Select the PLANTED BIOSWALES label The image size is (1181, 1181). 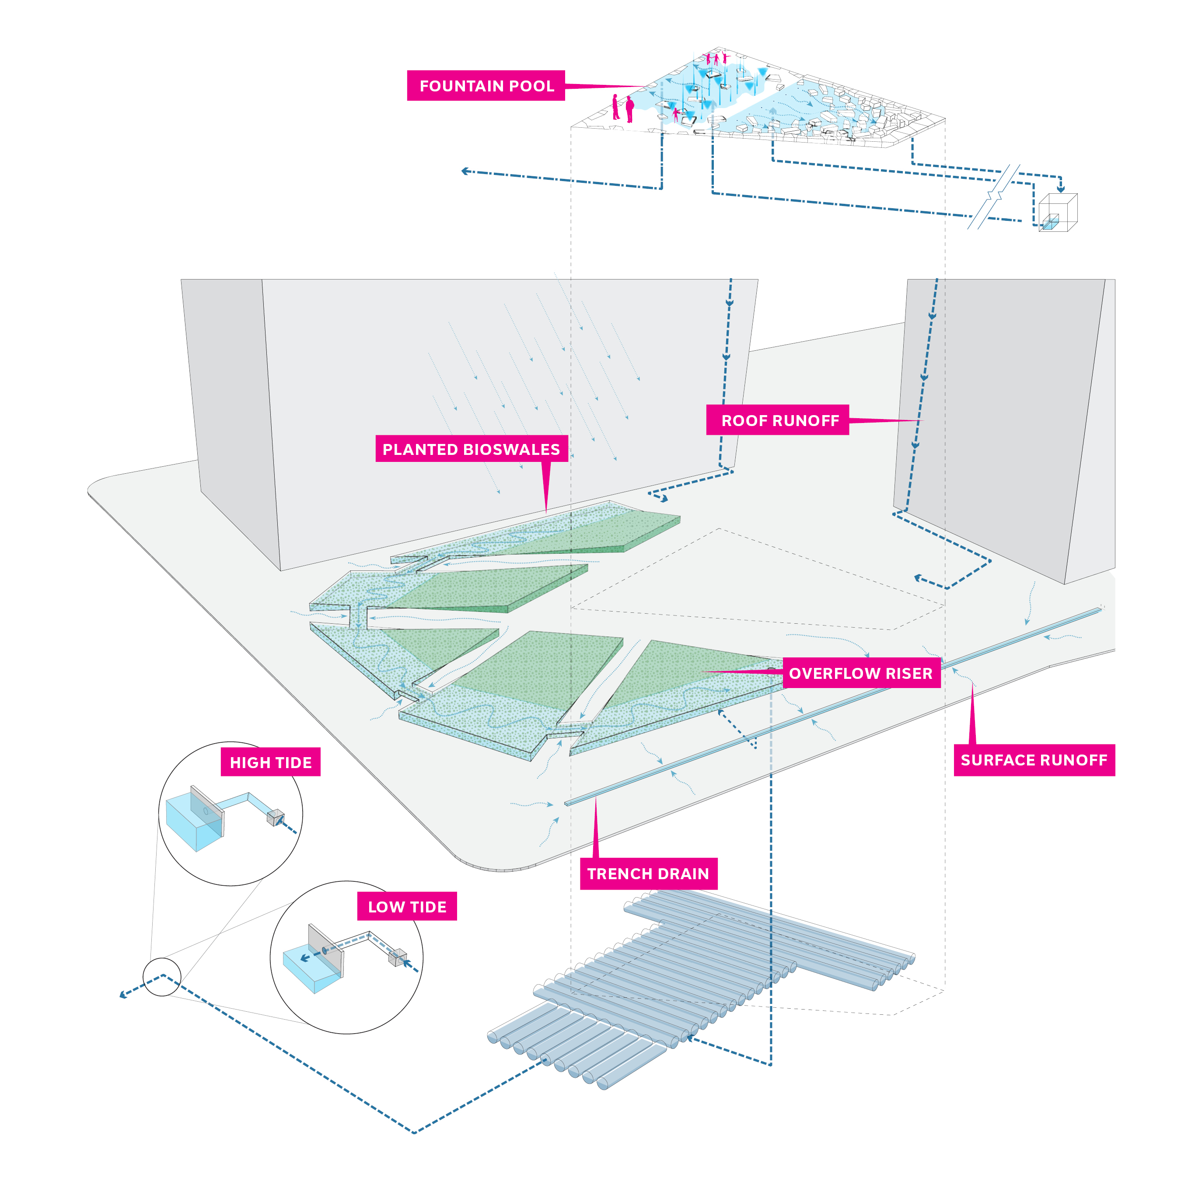pyautogui.click(x=471, y=449)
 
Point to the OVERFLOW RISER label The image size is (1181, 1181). pyautogui.click(x=861, y=673)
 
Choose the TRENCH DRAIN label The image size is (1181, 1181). pyautogui.click(x=648, y=874)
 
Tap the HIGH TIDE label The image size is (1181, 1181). pyautogui.click(x=270, y=762)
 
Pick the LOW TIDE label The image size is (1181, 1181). pyautogui.click(x=407, y=907)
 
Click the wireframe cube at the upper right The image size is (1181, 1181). pyautogui.click(x=1058, y=212)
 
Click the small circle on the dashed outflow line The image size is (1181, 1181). pyautogui.click(x=162, y=977)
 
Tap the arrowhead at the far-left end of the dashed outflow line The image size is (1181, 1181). pyautogui.click(x=123, y=995)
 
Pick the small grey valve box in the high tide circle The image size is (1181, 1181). pyautogui.click(x=276, y=817)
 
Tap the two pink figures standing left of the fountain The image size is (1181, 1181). pyautogui.click(x=622, y=108)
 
